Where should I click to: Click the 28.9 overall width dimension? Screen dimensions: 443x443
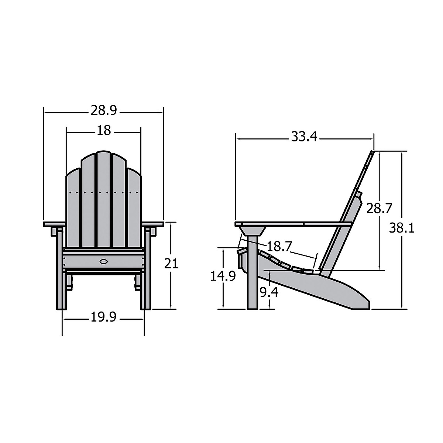pos(103,110)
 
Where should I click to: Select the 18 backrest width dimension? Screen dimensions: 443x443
pos(104,130)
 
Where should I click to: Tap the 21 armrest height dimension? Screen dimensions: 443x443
pos(171,264)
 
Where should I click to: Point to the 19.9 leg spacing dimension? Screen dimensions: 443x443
pos(103,317)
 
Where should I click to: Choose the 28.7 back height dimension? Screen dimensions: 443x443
pos(379,209)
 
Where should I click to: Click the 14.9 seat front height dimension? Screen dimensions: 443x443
pos(223,276)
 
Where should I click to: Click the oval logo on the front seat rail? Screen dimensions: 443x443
pos(104,262)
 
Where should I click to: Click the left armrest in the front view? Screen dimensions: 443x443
pos(54,224)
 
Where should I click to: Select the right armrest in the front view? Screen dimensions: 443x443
pos(152,224)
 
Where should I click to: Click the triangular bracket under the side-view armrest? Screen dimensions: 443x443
pos(252,231)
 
